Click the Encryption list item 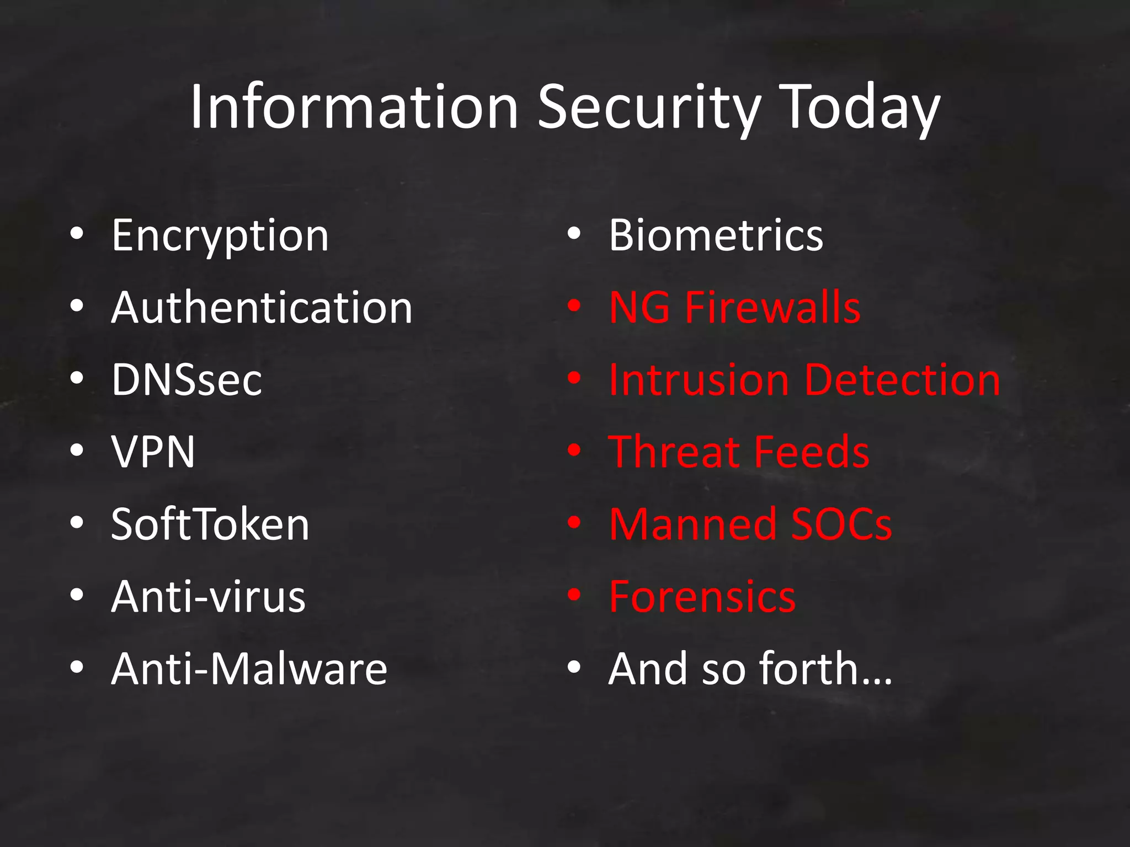[x=220, y=236]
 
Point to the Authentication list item [x=262, y=308]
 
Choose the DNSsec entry [x=186, y=380]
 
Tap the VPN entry [x=153, y=452]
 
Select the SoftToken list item [x=210, y=524]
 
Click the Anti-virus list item [x=208, y=597]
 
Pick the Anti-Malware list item [x=249, y=669]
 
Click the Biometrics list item [x=716, y=236]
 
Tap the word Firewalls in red [x=772, y=308]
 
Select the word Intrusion [x=699, y=380]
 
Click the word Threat [x=673, y=452]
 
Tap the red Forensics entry [x=702, y=597]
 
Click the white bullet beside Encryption [x=77, y=234]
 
